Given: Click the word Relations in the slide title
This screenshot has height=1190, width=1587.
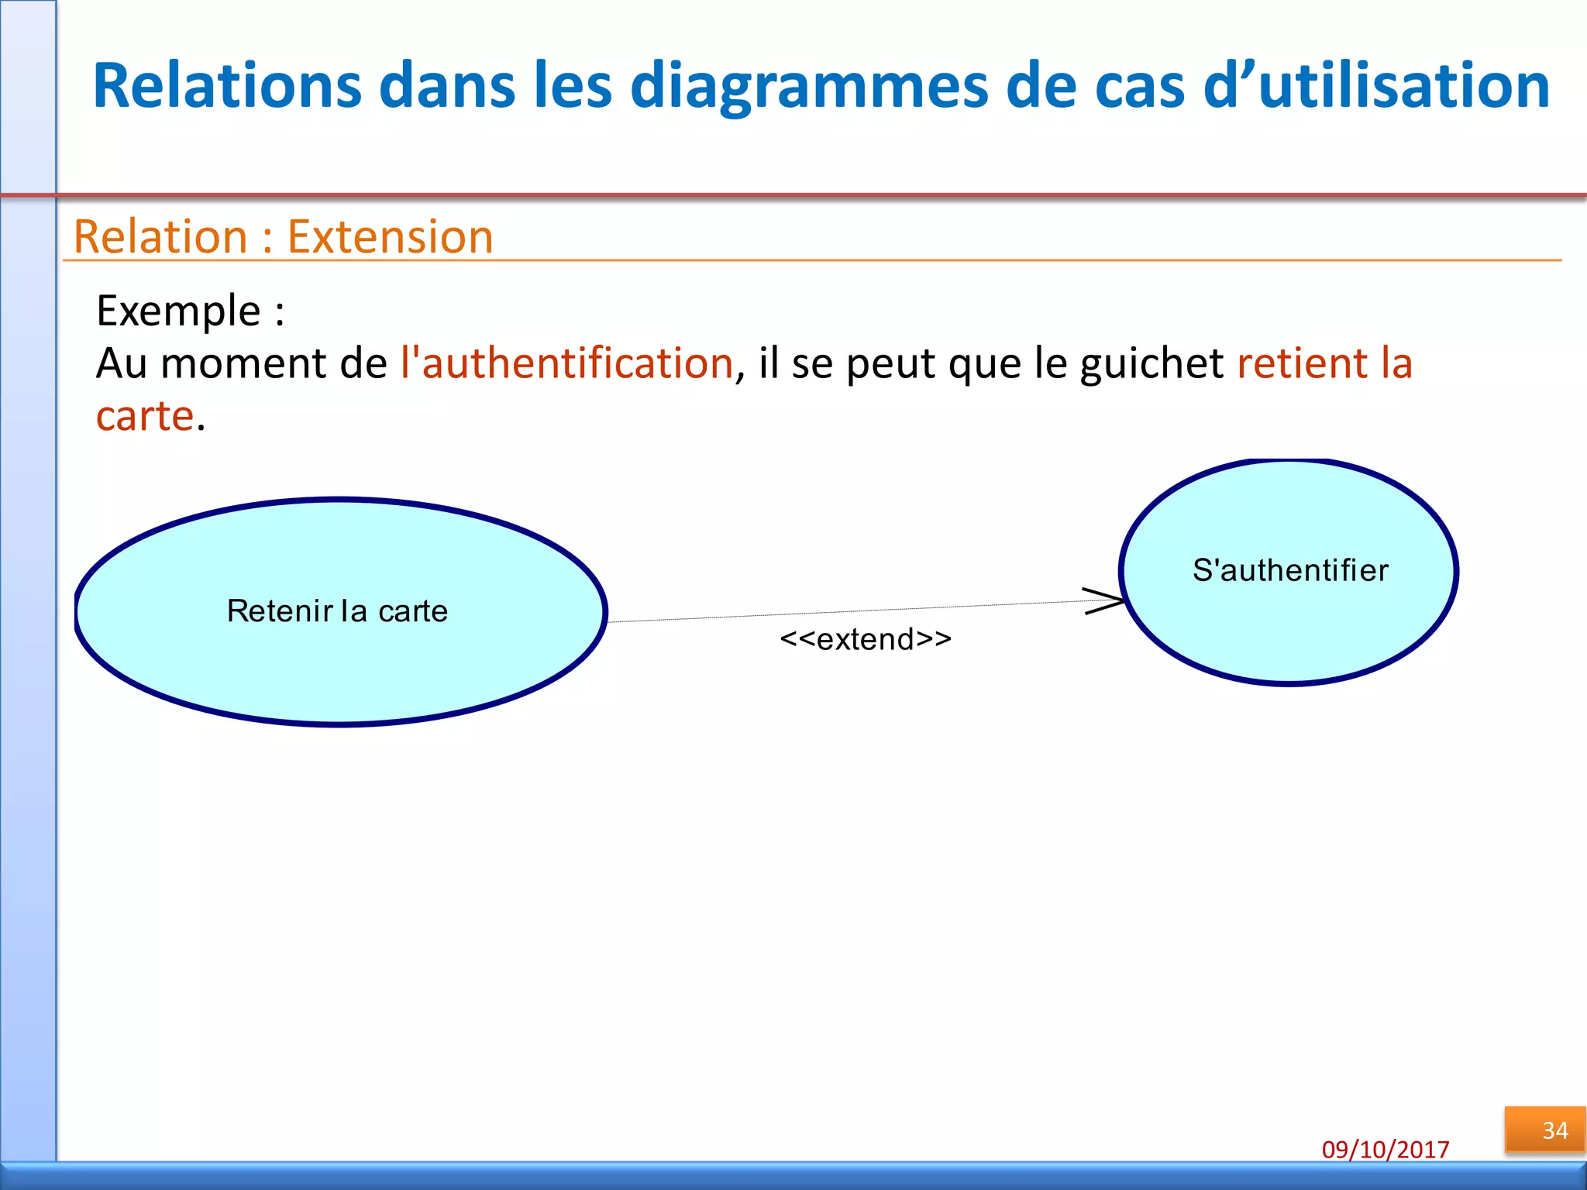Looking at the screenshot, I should pos(226,85).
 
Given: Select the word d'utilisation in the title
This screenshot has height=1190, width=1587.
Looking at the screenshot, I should pos(1376,85).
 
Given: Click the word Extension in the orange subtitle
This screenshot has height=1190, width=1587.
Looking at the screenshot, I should pos(390,236).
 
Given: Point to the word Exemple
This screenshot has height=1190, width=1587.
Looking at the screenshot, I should pos(178,311).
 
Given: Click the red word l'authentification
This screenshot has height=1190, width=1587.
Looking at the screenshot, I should pos(566,363).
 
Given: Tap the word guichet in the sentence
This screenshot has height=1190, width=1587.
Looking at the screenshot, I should pos(1152,364).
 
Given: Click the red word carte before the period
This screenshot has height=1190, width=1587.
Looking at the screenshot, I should pos(144,416).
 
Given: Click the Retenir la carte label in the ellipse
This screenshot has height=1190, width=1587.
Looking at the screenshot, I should pos(337,611).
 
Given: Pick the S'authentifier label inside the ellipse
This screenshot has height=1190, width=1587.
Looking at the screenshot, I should pos(1290,570).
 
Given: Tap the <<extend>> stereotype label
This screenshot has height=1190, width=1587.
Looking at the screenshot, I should pos(866,639).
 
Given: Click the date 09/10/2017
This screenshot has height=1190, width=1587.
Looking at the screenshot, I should pos(1386,1149).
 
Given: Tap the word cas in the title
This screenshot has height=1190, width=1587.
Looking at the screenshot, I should pos(1139,87).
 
